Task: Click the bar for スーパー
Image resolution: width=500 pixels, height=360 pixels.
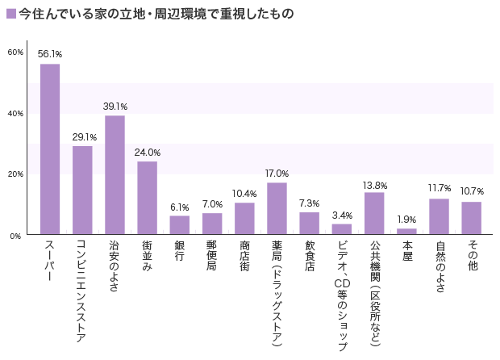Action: pos(50,149)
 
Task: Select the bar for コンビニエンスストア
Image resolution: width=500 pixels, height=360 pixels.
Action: pos(82,190)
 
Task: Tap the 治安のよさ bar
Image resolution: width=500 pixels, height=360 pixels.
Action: pos(115,175)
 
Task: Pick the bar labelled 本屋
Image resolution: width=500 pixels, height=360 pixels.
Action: pos(406,232)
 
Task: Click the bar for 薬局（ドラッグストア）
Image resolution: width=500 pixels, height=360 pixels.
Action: pos(277,209)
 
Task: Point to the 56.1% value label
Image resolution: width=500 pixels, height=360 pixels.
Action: pos(50,54)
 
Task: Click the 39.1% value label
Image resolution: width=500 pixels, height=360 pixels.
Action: pos(115,106)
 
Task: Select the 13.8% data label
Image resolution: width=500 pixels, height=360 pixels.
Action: pos(374,183)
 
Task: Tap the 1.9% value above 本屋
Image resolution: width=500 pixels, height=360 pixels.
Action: pos(406,220)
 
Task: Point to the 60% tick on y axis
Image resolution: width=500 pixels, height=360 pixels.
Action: pos(15,52)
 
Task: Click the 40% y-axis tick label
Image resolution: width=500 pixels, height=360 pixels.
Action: pos(15,114)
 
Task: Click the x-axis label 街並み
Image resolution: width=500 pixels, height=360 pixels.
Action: pos(148,257)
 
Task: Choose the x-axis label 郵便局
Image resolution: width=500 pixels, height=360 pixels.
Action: pos(212,257)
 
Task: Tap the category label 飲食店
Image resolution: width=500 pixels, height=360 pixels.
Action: pos(310,257)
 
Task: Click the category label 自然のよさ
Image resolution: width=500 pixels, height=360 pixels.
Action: pos(440,266)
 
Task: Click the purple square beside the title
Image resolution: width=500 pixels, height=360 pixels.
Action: pos(10,14)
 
